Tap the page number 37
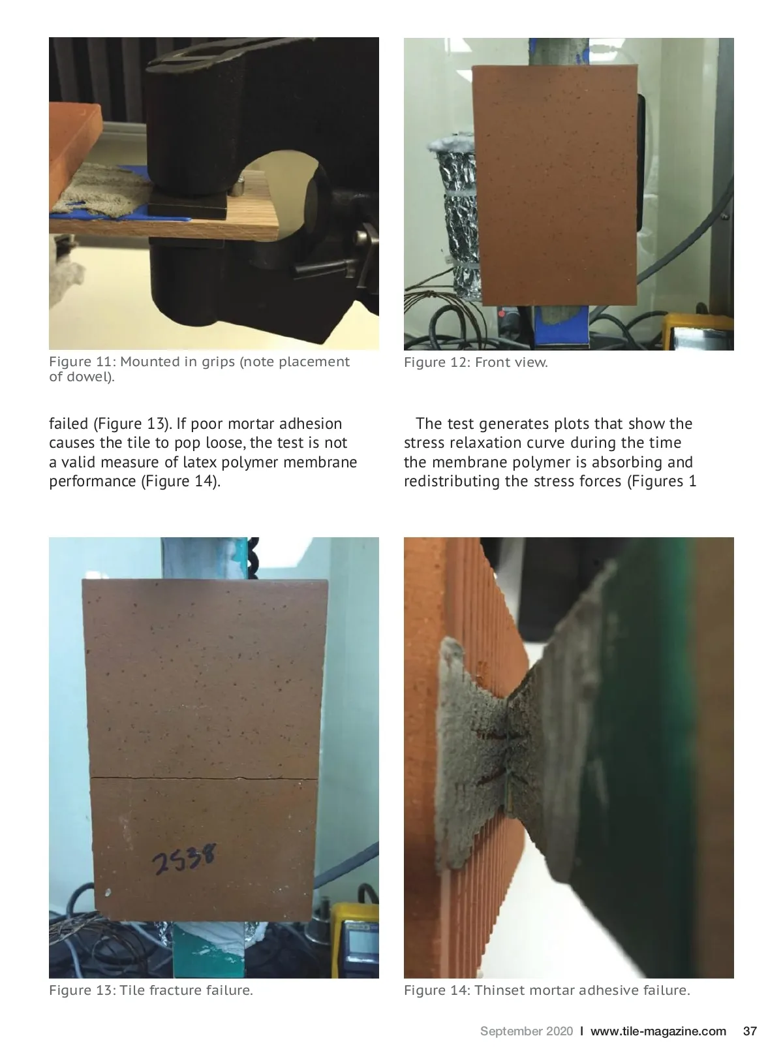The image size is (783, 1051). (750, 1030)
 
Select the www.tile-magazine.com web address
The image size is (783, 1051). (658, 1031)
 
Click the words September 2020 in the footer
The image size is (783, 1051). (527, 1031)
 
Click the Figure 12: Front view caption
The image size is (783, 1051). (476, 362)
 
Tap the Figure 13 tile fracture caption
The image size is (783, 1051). (151, 990)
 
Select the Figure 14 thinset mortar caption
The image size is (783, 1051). (547, 990)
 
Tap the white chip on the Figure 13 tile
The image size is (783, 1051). (108, 892)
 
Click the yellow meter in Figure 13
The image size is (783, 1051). (356, 939)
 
